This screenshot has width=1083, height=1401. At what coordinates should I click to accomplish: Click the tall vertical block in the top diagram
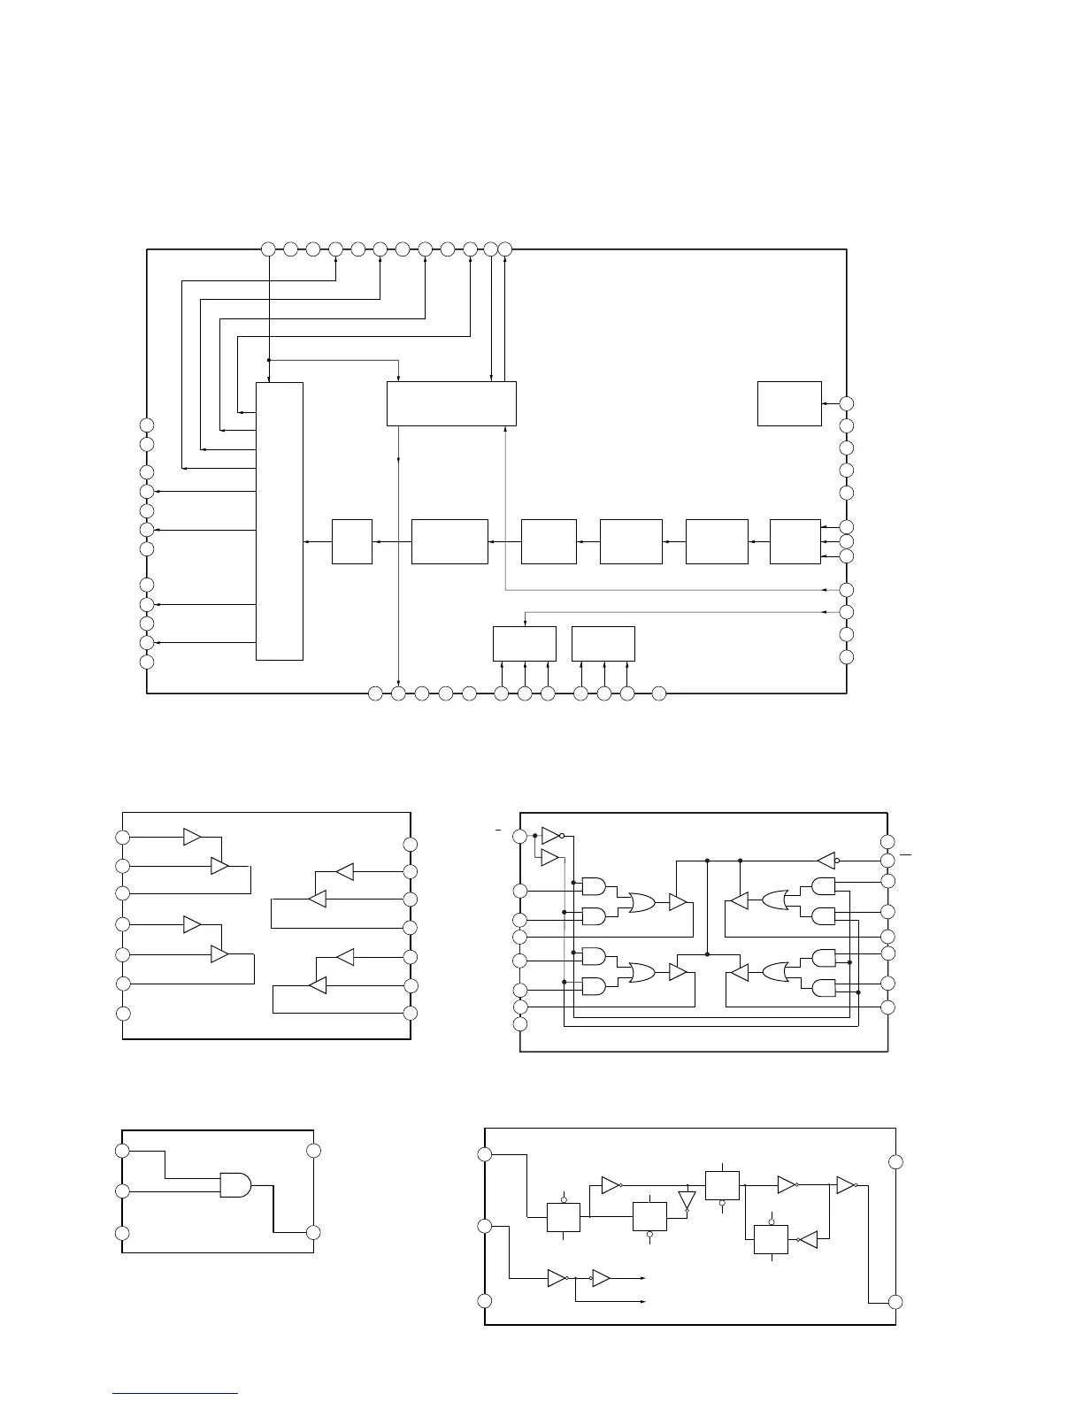pos(280,521)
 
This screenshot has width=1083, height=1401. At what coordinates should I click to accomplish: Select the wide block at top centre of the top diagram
pos(451,403)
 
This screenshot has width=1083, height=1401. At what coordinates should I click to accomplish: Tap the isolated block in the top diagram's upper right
pos(789,403)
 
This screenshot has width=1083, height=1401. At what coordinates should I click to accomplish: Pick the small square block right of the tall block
pos(351,541)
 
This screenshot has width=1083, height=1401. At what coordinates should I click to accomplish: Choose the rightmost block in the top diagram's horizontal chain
pos(795,541)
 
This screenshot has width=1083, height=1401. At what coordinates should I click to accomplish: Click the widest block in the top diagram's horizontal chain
pos(449,541)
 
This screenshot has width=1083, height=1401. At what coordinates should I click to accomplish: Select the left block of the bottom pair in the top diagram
pos(524,643)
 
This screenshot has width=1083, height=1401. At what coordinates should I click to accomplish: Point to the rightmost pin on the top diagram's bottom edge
pos(658,693)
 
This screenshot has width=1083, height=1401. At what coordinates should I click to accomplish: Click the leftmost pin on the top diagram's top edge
pos(268,249)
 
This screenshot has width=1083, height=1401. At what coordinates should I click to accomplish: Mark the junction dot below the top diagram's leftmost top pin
pos(268,360)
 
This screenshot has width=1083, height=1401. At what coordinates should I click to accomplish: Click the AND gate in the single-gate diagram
pos(234,1184)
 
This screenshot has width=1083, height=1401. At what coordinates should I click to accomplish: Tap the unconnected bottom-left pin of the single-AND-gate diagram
pos(123,1234)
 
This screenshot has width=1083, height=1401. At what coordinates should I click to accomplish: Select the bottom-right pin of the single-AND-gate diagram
pos(312,1232)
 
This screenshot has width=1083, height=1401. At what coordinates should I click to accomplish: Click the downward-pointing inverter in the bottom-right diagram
pos(687,1200)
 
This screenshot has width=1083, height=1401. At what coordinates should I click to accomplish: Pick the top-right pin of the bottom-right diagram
pos(895,1161)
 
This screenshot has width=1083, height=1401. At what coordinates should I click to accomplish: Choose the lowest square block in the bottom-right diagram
pos(771,1240)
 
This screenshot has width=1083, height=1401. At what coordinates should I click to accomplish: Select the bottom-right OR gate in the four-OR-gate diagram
pos(774,973)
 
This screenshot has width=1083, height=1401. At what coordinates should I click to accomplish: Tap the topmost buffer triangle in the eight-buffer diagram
pos(193,837)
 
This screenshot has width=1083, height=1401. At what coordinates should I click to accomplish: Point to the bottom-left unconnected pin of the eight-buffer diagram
pos(123,1013)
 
